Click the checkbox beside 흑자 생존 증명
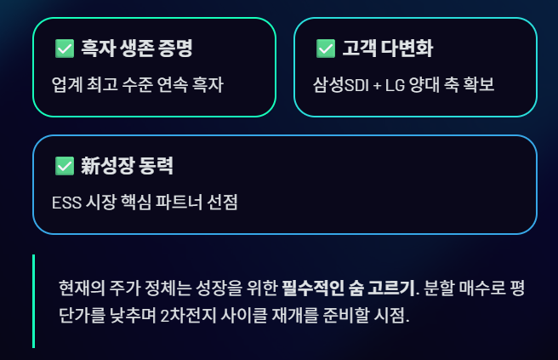tap(65, 49)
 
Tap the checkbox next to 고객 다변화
tap(326, 49)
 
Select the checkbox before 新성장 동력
tap(65, 166)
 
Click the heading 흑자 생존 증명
tap(137, 48)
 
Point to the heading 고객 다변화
tap(388, 48)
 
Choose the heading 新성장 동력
tap(127, 166)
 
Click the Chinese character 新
tap(90, 166)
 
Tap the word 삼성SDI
tap(341, 85)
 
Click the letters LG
tap(395, 85)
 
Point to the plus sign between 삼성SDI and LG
tap(377, 86)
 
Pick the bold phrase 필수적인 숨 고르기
tap(349, 288)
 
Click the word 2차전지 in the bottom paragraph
tap(188, 315)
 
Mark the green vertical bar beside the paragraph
tap(33, 301)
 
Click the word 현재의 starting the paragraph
tap(82, 288)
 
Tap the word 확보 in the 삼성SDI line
tap(479, 85)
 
